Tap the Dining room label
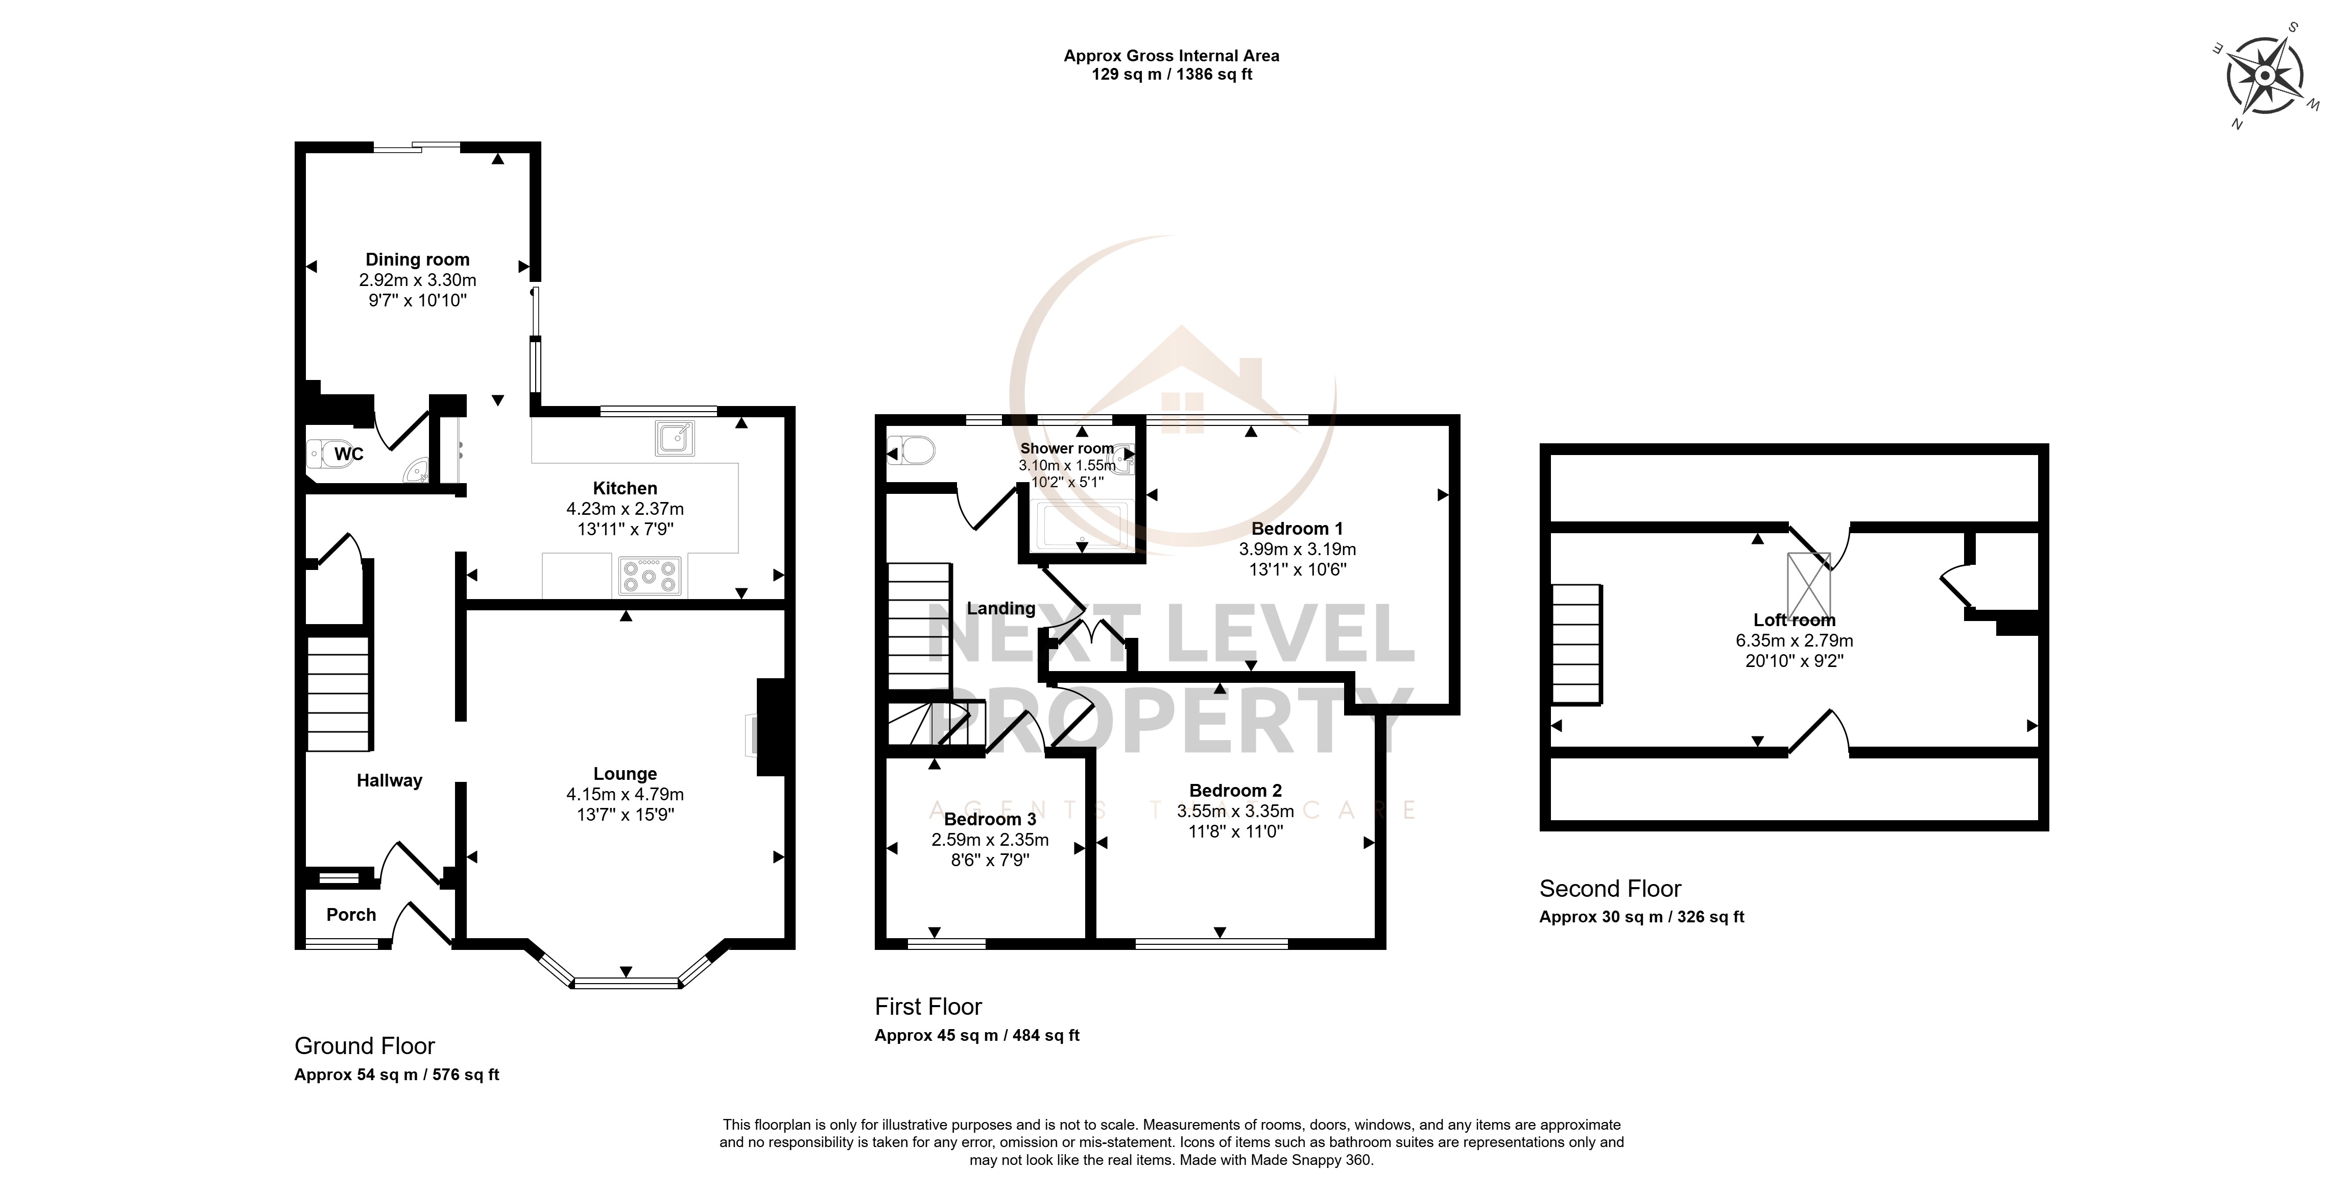coord(418,259)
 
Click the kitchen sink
coord(674,438)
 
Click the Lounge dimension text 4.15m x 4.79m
coord(625,794)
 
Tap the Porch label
coord(351,915)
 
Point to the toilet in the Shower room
coord(912,449)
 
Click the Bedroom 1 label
coord(1297,529)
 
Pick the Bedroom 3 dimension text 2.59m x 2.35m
coord(990,840)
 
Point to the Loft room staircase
coord(1577,643)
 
